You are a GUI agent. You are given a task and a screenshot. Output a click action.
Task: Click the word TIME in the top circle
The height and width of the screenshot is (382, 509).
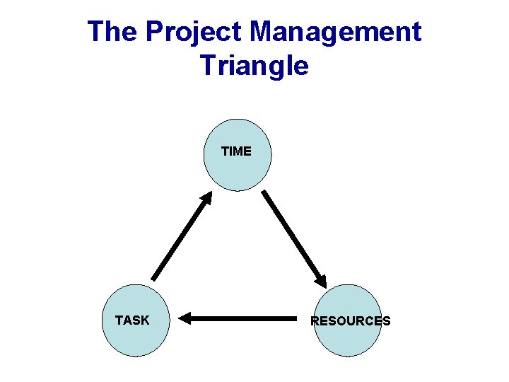click(x=236, y=151)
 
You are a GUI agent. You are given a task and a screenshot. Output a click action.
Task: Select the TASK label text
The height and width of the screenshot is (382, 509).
click(x=132, y=320)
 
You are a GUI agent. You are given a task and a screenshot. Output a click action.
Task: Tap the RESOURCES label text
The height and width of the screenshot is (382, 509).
click(x=351, y=321)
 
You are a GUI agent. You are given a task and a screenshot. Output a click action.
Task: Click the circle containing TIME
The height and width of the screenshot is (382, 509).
click(x=237, y=170)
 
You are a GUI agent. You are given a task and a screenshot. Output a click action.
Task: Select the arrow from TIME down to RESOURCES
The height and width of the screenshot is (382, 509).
click(x=294, y=238)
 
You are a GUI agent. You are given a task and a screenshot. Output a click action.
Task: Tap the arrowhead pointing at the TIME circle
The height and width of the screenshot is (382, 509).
click(x=206, y=197)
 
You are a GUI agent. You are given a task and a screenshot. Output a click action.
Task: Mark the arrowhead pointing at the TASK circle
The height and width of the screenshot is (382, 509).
click(x=185, y=318)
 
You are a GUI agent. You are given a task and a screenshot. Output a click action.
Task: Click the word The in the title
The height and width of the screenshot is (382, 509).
click(x=112, y=32)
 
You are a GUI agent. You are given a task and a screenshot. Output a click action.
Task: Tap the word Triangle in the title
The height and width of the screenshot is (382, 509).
click(x=255, y=66)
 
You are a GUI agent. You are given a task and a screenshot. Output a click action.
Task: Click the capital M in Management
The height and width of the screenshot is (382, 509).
click(x=263, y=32)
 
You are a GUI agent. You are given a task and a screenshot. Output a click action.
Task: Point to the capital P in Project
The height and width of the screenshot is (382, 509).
click(x=153, y=32)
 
